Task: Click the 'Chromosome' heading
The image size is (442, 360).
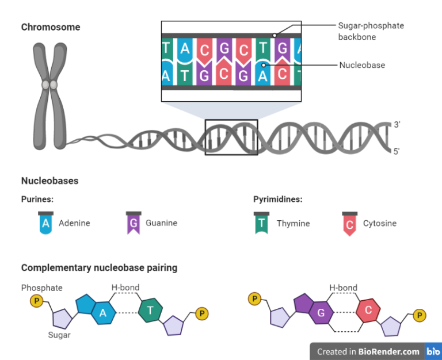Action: (x=51, y=27)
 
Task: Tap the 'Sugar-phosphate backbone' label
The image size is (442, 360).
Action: (x=371, y=30)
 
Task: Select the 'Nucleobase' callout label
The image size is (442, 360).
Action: (x=362, y=65)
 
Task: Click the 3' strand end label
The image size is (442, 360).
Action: (x=397, y=124)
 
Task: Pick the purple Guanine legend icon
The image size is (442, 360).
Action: (x=133, y=223)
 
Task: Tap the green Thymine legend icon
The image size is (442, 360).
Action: (x=261, y=223)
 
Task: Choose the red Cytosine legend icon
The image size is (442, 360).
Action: (x=349, y=223)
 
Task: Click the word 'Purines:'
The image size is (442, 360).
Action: (x=37, y=200)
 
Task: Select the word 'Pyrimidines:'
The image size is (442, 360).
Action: (x=278, y=200)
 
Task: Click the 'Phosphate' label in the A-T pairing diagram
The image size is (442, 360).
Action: (x=41, y=288)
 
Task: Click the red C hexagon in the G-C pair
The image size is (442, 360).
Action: (x=367, y=311)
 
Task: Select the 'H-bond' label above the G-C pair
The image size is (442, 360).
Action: (x=343, y=288)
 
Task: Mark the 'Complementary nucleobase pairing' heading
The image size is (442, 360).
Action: (x=99, y=268)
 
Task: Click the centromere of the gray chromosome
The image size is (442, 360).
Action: (x=49, y=85)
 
